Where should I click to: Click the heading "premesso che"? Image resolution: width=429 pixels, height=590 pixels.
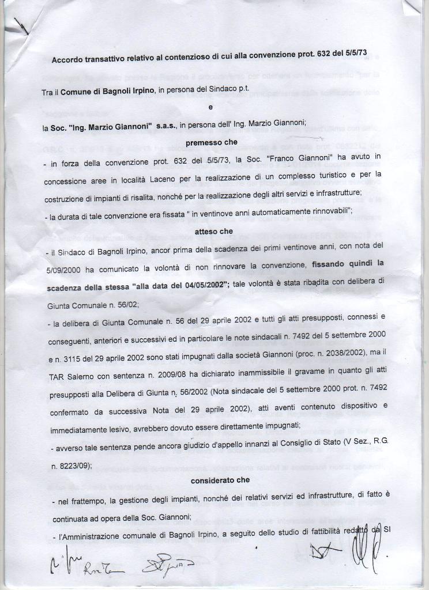[x=211, y=142]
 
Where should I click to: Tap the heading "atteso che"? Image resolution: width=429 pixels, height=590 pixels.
[x=213, y=231]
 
